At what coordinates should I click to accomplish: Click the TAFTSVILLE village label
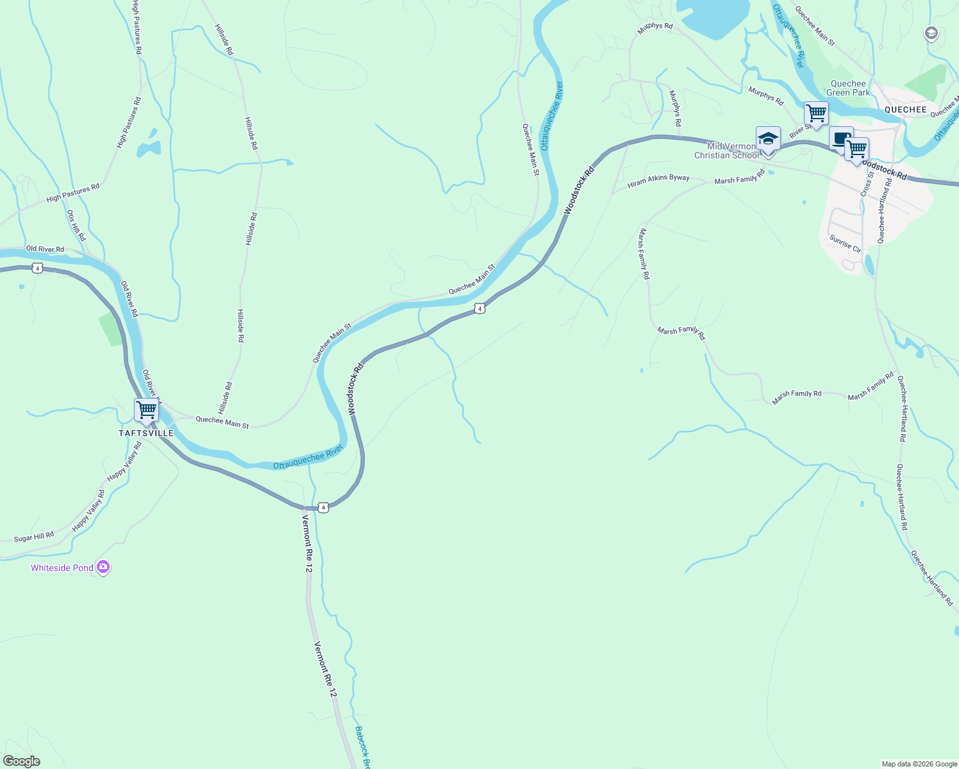[146, 433]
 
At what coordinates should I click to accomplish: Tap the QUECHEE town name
[905, 110]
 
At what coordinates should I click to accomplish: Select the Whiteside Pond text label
[62, 568]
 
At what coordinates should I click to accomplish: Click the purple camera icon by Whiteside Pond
[103, 567]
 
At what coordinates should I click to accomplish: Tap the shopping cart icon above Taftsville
[147, 409]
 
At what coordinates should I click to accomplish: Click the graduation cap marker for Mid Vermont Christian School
[768, 138]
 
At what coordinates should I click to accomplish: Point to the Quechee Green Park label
[848, 88]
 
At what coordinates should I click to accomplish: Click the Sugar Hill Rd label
[34, 537]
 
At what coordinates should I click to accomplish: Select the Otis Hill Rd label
[76, 225]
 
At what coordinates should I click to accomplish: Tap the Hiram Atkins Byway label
[658, 181]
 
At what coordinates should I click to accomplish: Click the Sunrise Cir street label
[846, 244]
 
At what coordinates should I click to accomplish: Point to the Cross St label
[867, 183]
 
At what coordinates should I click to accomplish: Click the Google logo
[22, 761]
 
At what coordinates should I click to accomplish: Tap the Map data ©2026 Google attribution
[919, 764]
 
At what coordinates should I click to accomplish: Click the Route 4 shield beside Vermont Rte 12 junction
[324, 508]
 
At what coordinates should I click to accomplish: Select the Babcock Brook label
[363, 747]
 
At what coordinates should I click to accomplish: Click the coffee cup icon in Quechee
[840, 138]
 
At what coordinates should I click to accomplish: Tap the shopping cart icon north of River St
[816, 113]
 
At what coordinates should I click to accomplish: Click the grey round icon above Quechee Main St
[931, 33]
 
